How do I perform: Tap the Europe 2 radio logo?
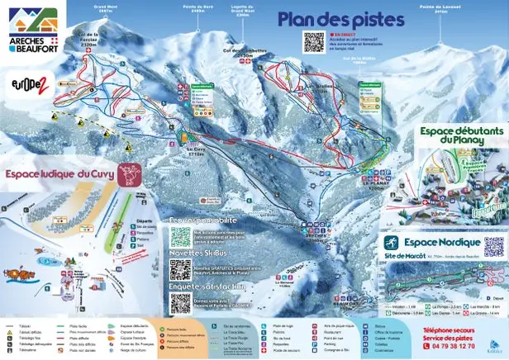coord(29,83)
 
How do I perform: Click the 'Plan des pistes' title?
coord(340,20)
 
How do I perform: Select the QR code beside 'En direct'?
coord(314,42)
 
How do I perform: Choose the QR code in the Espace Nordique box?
coord(493,246)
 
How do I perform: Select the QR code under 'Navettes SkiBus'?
coord(180,270)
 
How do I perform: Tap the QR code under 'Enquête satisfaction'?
coord(180,302)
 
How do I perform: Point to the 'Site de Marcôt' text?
coord(409,259)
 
